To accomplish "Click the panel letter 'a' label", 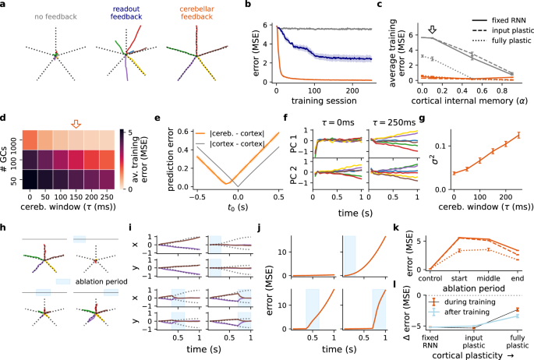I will click(x=5, y=5).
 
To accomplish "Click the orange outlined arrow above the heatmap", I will click(x=76, y=124).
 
